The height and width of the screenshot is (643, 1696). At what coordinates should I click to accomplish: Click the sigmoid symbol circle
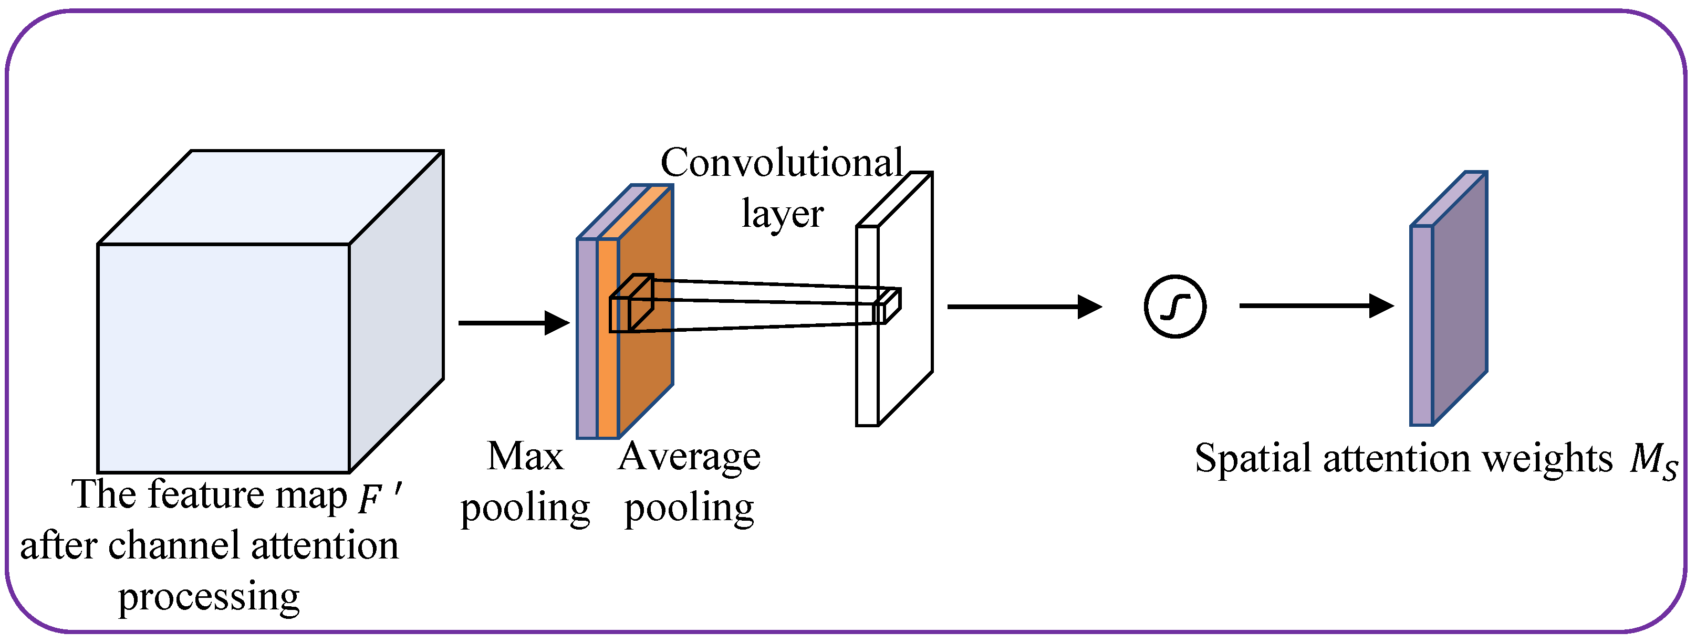pyautogui.click(x=1174, y=307)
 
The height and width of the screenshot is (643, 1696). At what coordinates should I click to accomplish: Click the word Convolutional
pyautogui.click(x=781, y=163)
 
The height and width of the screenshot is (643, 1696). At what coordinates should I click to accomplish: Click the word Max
pyautogui.click(x=525, y=457)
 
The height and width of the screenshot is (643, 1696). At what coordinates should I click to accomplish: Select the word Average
pyautogui.click(x=689, y=457)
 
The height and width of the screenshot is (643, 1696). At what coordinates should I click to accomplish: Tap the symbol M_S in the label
pyautogui.click(x=1652, y=461)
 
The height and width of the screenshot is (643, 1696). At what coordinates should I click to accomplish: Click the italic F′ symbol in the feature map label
pyautogui.click(x=379, y=498)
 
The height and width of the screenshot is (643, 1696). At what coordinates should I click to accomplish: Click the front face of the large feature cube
pyautogui.click(x=223, y=358)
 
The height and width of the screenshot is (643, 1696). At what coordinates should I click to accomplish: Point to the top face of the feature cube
pyautogui.click(x=270, y=197)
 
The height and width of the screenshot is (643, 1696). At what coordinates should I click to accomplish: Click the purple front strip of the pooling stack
pyautogui.click(x=587, y=339)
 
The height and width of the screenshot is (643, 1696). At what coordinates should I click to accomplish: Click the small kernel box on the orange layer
pyautogui.click(x=631, y=304)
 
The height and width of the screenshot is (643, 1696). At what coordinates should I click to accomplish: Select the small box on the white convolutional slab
pyautogui.click(x=886, y=306)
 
